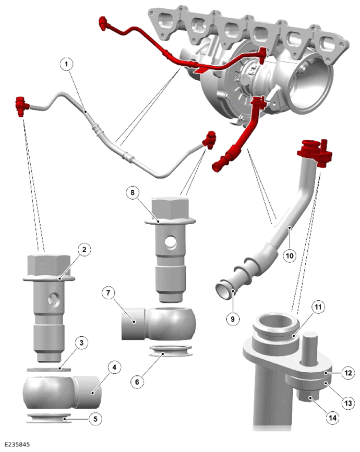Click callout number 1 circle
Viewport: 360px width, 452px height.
[x=67, y=64]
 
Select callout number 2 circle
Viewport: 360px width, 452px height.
[x=84, y=249]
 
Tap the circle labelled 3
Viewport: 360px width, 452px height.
[x=81, y=343]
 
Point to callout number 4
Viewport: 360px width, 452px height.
[x=114, y=368]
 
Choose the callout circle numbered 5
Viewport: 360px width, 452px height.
[x=95, y=419]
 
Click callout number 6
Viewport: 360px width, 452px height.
[x=137, y=382]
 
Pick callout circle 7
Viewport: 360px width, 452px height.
[x=109, y=293]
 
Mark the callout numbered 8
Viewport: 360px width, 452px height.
[x=133, y=192]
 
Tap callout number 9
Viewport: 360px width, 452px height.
[x=233, y=319]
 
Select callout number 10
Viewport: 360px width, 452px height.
[x=290, y=255]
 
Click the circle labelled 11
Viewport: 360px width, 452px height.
[x=318, y=307]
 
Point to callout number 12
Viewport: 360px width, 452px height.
[x=348, y=373]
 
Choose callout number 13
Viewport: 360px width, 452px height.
[x=348, y=402]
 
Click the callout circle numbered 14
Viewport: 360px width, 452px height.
[x=332, y=418]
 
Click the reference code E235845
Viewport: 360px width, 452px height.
[x=17, y=445]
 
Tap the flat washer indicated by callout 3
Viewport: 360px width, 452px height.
[x=49, y=369]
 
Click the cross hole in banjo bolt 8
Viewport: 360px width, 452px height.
[x=171, y=243]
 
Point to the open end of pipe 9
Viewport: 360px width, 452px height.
[x=224, y=291]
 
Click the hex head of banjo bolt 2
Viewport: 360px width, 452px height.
[x=49, y=265]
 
